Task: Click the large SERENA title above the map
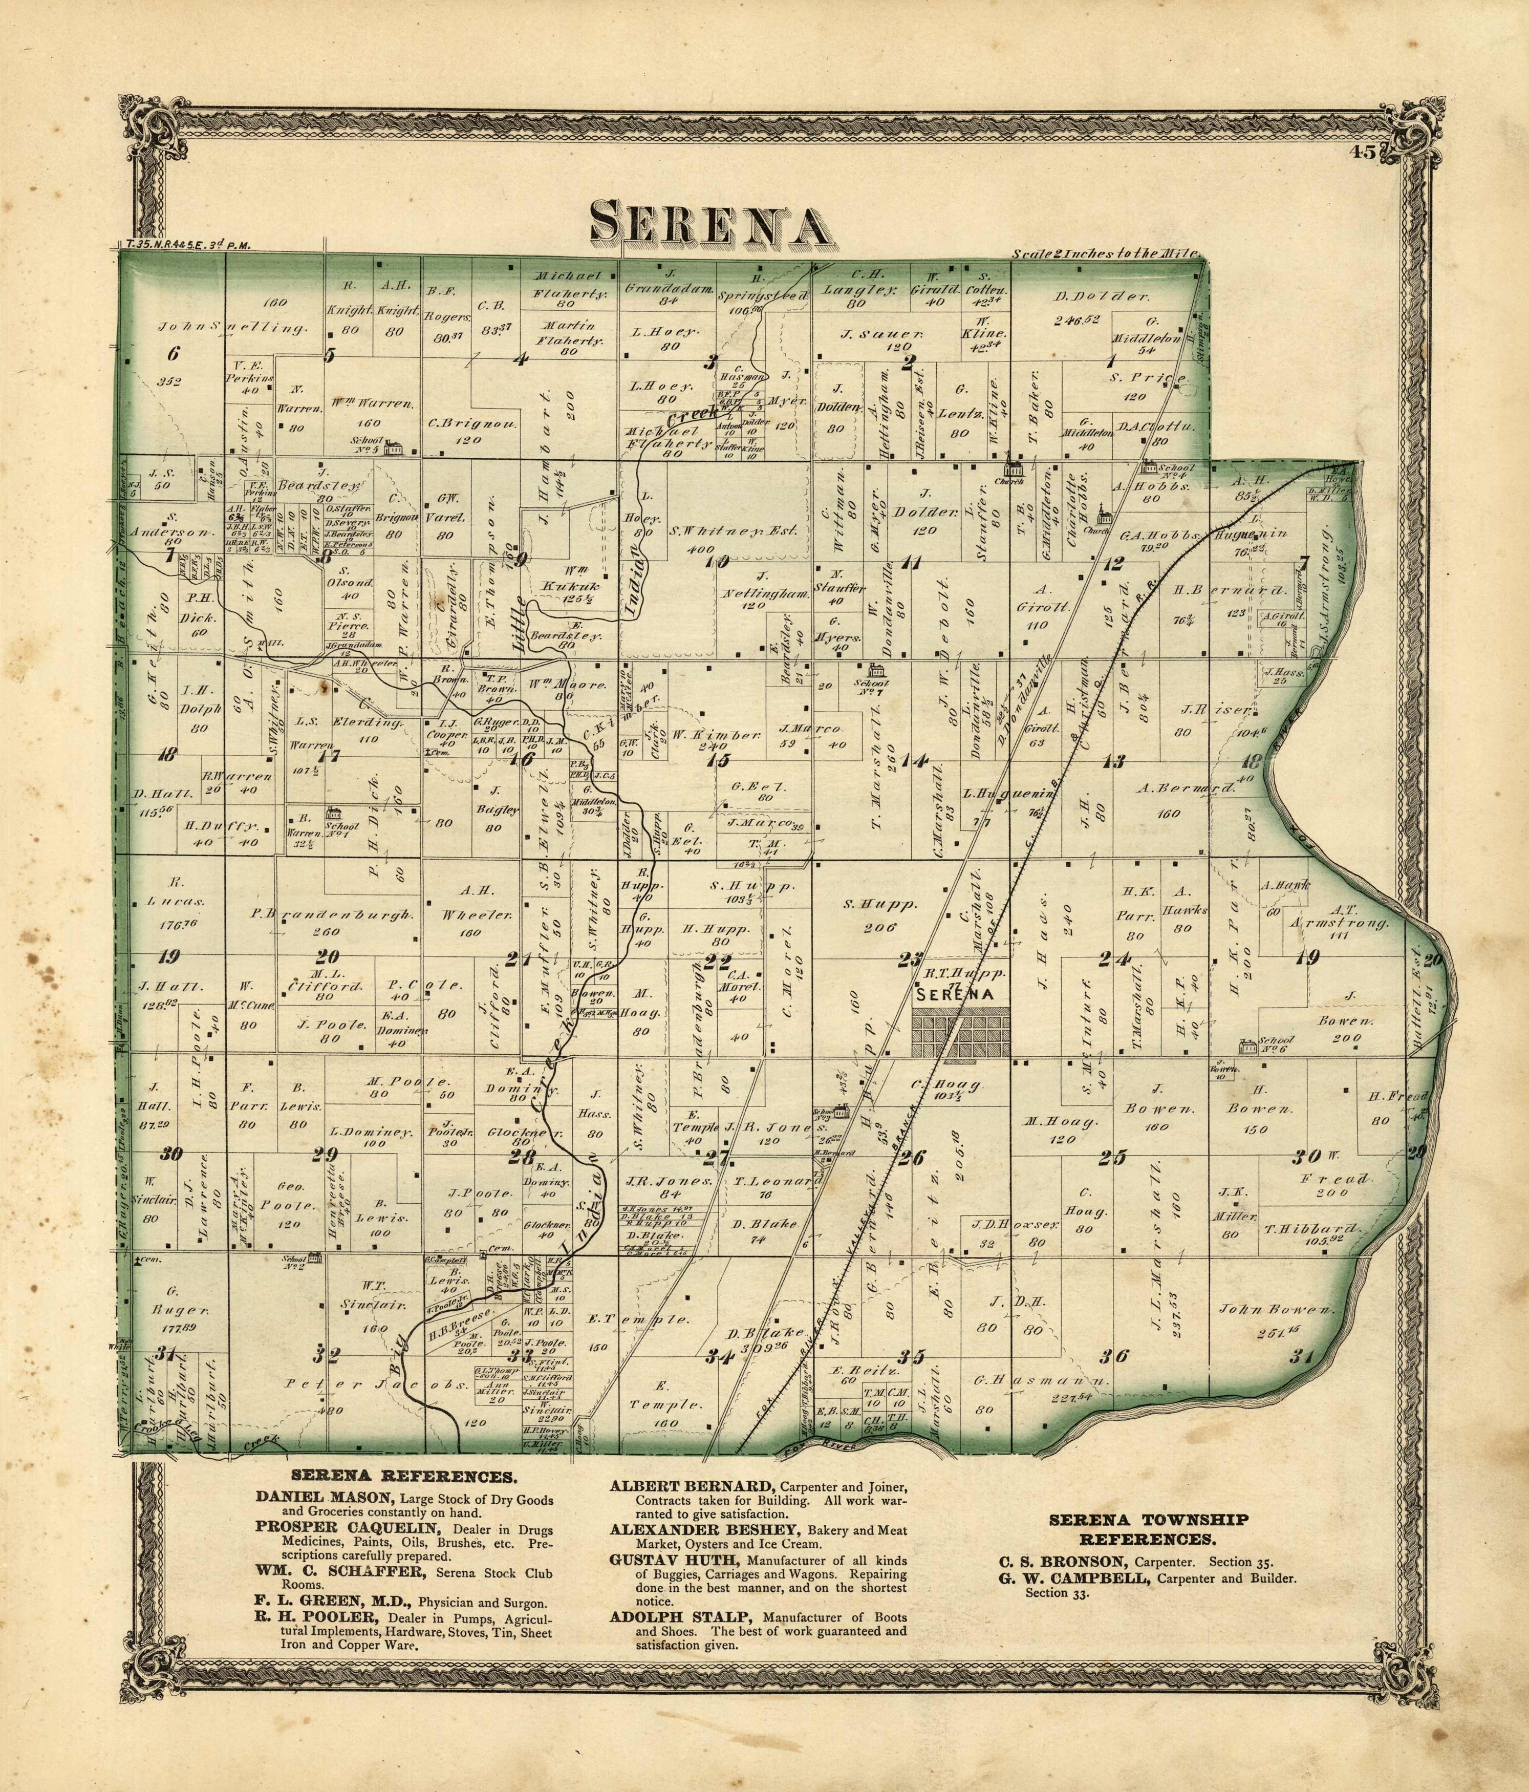pyautogui.click(x=706, y=223)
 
